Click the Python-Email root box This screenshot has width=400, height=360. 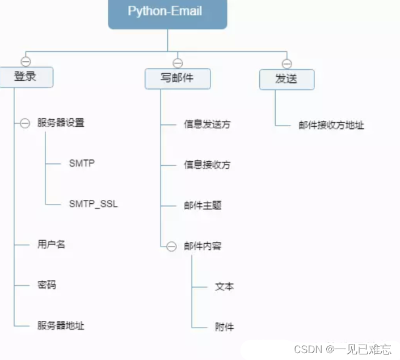click(x=167, y=12)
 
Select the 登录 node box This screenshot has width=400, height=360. click(x=26, y=77)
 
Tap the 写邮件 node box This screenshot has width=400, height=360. click(x=178, y=78)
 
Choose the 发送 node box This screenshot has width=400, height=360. click(x=287, y=79)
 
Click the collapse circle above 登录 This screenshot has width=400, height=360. click(x=26, y=62)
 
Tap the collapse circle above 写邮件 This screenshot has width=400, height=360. click(x=178, y=63)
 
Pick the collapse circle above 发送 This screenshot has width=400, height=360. click(x=287, y=64)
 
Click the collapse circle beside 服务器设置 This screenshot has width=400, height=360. click(x=25, y=123)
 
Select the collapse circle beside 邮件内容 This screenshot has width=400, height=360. click(x=171, y=246)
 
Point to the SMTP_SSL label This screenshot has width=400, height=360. click(x=94, y=203)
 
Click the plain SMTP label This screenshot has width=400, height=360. click(x=82, y=163)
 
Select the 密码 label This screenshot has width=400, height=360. click(x=47, y=285)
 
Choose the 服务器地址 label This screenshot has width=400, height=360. click(x=61, y=325)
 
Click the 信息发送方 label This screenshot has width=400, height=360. click(x=207, y=124)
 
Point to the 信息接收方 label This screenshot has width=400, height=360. click(x=207, y=165)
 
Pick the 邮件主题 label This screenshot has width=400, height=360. click(x=203, y=205)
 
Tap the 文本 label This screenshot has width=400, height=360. click(x=224, y=287)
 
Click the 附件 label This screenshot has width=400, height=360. click(x=224, y=326)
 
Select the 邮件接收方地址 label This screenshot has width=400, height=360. click(x=331, y=125)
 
